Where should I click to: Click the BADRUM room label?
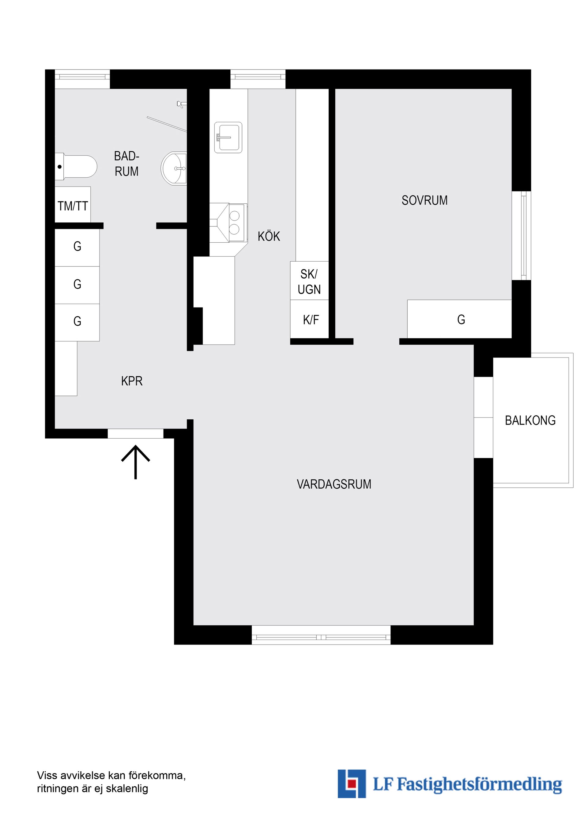(126, 164)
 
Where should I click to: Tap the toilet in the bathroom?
(76, 167)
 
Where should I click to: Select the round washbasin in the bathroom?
(174, 168)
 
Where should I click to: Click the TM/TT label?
(73, 206)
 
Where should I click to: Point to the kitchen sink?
(228, 137)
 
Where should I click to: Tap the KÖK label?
(269, 236)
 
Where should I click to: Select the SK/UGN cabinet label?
(309, 282)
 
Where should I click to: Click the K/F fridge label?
(311, 320)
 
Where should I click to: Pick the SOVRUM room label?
(424, 200)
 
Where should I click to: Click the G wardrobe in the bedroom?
(459, 319)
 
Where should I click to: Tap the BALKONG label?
(530, 420)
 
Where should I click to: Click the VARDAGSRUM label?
(334, 484)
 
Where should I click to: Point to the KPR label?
(132, 381)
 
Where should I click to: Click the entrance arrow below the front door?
(135, 462)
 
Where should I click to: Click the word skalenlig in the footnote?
(127, 789)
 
